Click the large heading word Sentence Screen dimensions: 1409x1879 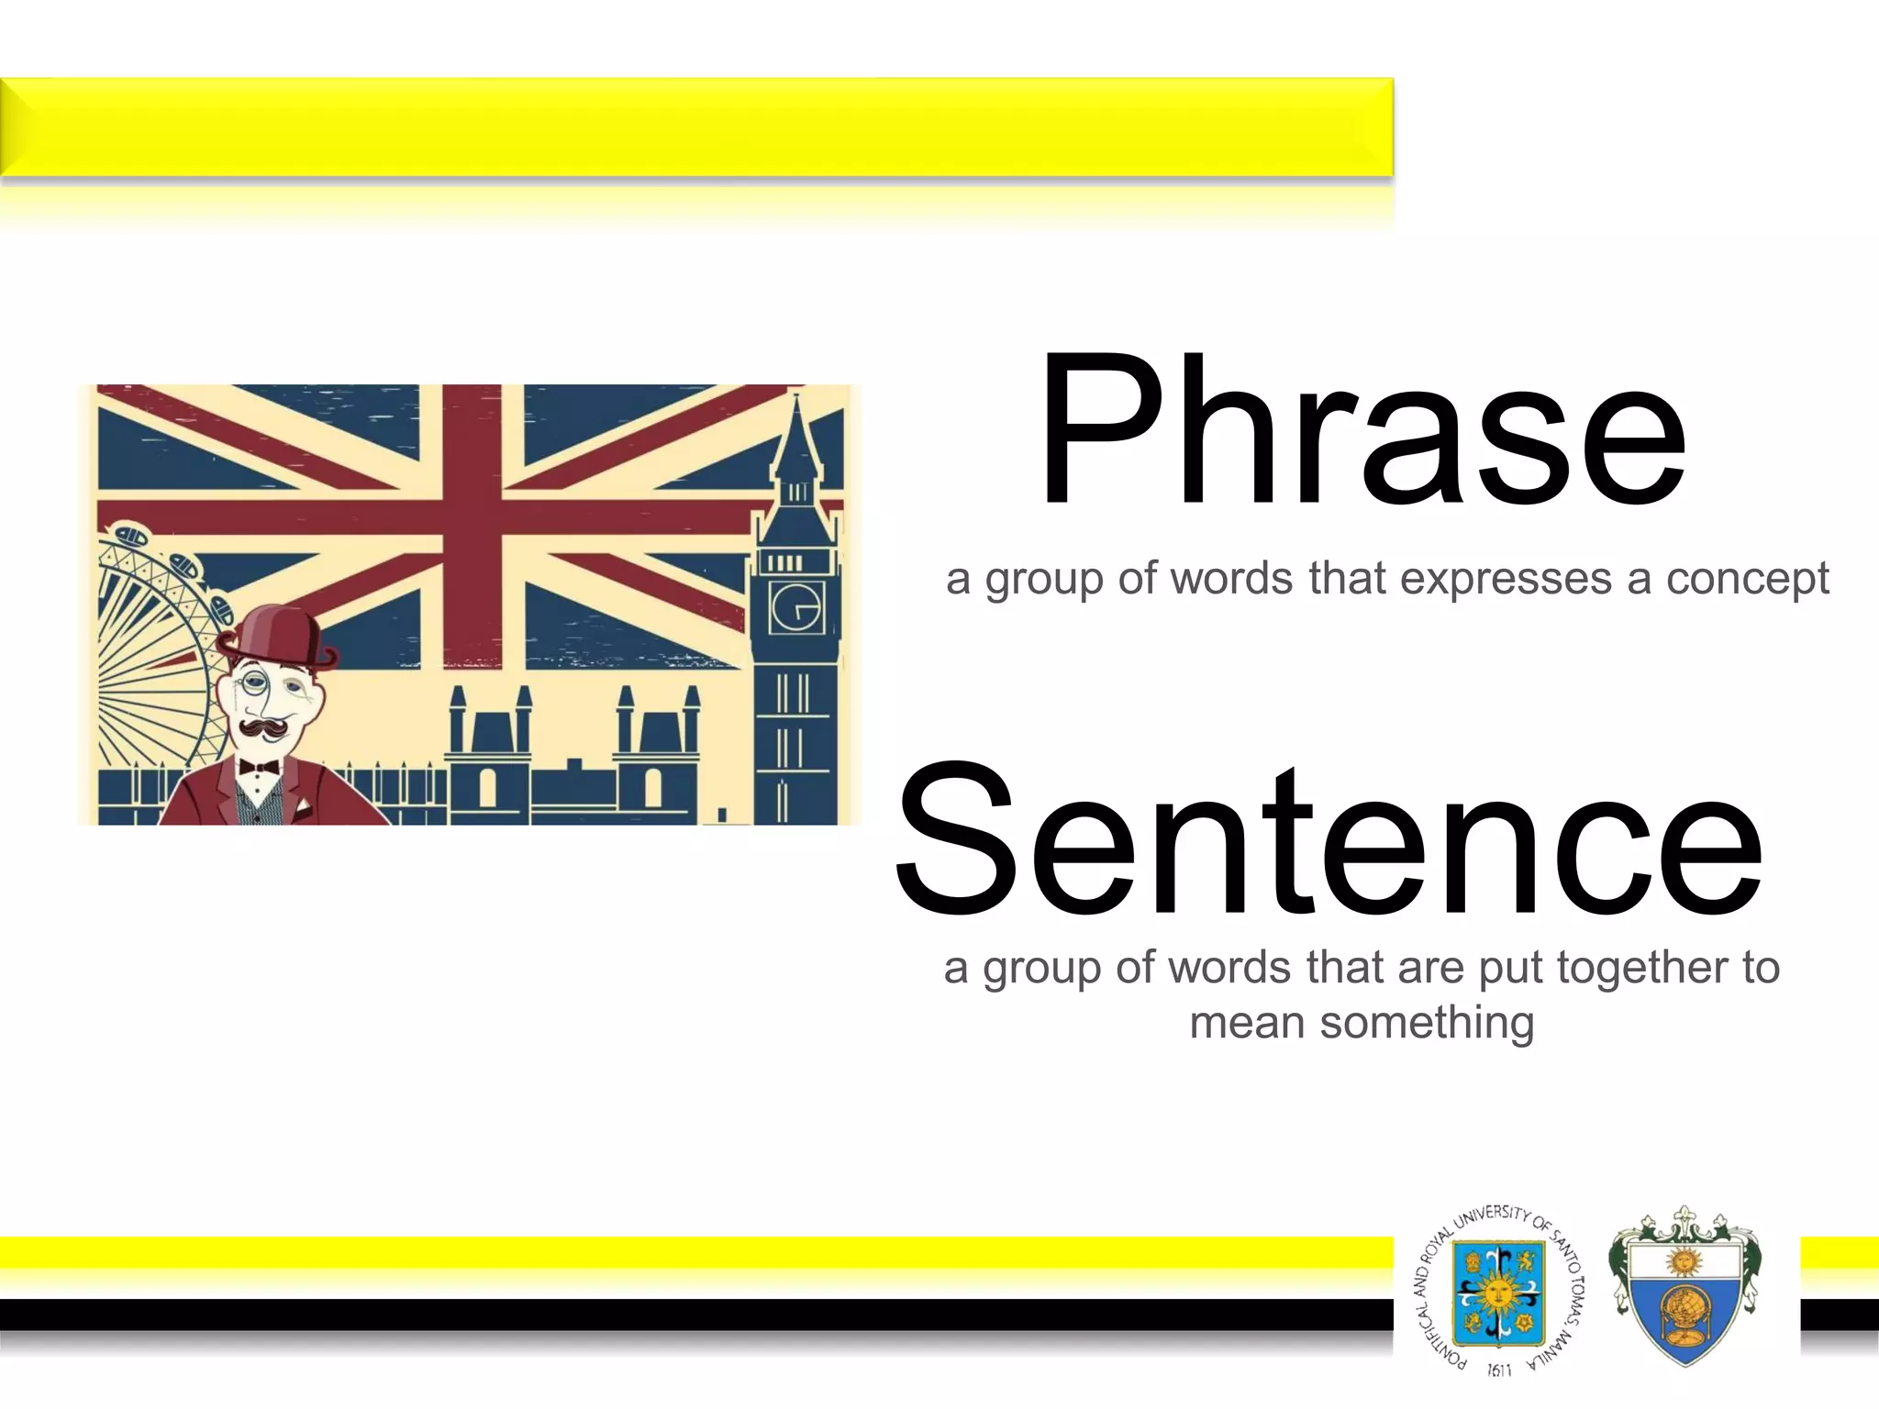point(1328,842)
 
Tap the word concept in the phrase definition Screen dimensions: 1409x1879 point(1747,580)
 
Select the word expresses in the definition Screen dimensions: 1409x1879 point(1506,580)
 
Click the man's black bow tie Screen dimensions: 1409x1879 point(259,767)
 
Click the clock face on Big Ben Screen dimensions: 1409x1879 point(795,608)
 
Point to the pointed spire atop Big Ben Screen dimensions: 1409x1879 point(796,431)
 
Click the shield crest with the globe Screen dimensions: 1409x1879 point(1684,1289)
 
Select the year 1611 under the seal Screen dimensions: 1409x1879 point(1499,1370)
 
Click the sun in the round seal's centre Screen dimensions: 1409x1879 point(1498,1293)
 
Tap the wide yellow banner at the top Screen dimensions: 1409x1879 point(697,127)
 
